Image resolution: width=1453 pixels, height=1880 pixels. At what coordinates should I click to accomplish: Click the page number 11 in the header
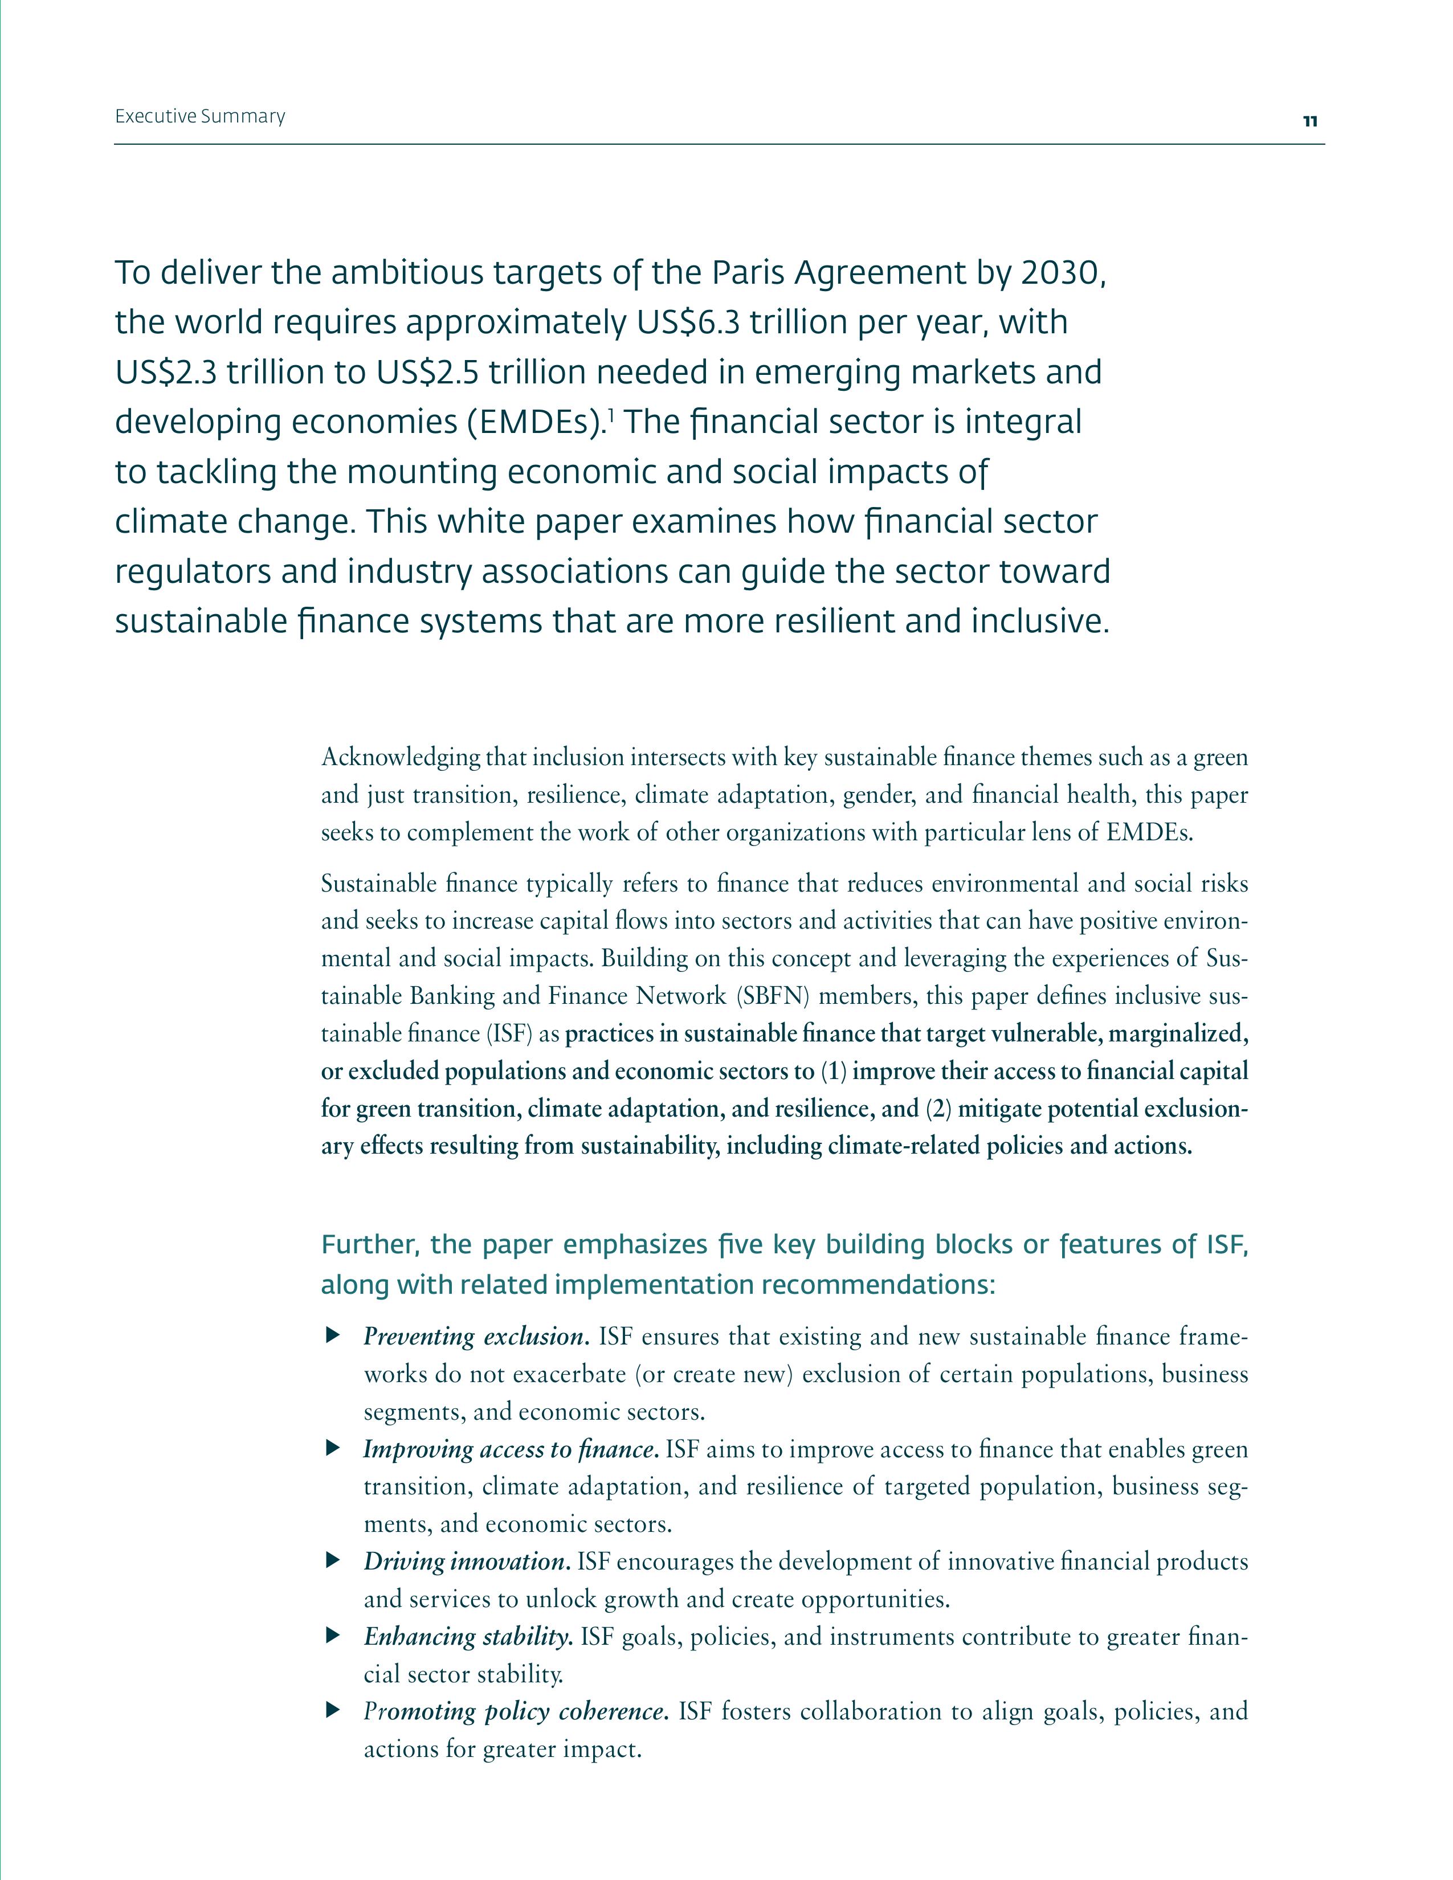pos(1309,121)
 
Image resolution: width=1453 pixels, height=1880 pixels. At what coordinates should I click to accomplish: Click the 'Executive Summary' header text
pos(199,116)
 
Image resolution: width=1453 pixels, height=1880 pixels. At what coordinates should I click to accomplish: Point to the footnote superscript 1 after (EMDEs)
pos(610,416)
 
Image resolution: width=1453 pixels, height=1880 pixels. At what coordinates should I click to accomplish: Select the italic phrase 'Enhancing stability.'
pos(468,1636)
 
